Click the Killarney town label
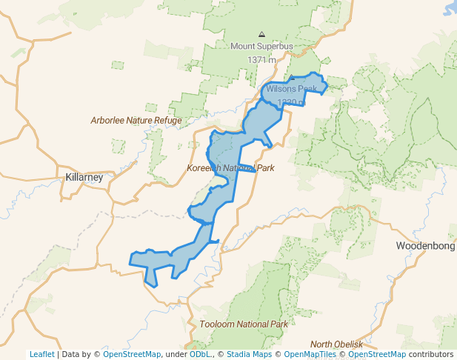pyautogui.click(x=84, y=178)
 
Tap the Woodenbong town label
pyautogui.click(x=425, y=245)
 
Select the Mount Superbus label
pyautogui.click(x=261, y=46)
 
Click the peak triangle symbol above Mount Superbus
pyautogui.click(x=261, y=34)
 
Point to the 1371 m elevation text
pyautogui.click(x=261, y=59)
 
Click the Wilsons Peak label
pyautogui.click(x=292, y=89)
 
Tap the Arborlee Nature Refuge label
pyautogui.click(x=136, y=120)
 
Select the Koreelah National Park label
pyautogui.click(x=230, y=168)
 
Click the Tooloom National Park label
pyautogui.click(x=243, y=324)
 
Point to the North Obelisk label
pyautogui.click(x=336, y=344)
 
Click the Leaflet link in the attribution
pyautogui.click(x=42, y=355)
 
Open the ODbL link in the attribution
pyautogui.click(x=199, y=355)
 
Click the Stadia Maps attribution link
pyautogui.click(x=249, y=355)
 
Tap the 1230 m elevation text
pyautogui.click(x=290, y=103)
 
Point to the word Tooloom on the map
pyautogui.click(x=216, y=324)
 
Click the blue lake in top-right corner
pyautogui.click(x=451, y=7)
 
